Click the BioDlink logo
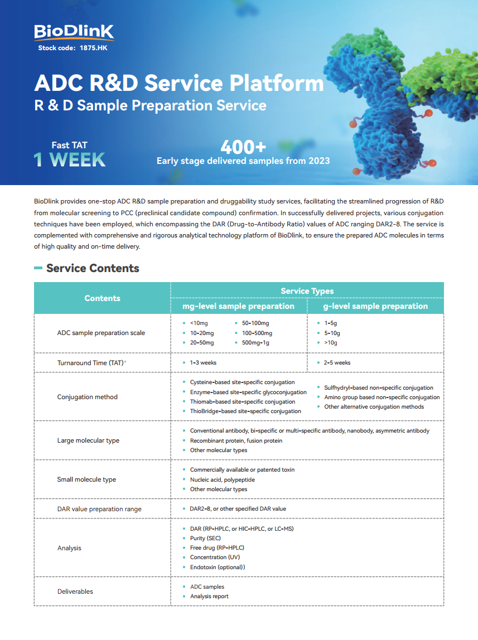74,32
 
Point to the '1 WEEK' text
69,160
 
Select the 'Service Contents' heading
93,268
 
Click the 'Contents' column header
102,298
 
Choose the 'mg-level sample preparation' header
238,306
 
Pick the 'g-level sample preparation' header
375,306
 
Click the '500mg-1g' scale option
255,343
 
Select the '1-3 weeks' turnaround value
203,362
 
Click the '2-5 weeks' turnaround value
337,362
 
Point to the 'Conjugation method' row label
87,397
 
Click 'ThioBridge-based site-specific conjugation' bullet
245,411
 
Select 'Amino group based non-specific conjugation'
382,397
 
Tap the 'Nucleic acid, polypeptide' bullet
222,479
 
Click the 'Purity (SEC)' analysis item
205,538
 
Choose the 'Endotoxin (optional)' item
218,567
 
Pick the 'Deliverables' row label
75,591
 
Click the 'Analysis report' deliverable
209,596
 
